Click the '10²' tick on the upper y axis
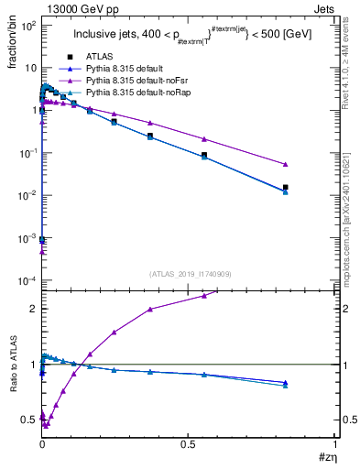(x=26, y=25)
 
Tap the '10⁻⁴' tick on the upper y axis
(x=26, y=279)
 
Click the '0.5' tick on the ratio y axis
(x=27, y=420)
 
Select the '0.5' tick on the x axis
(x=189, y=443)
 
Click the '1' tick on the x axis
(x=335, y=443)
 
